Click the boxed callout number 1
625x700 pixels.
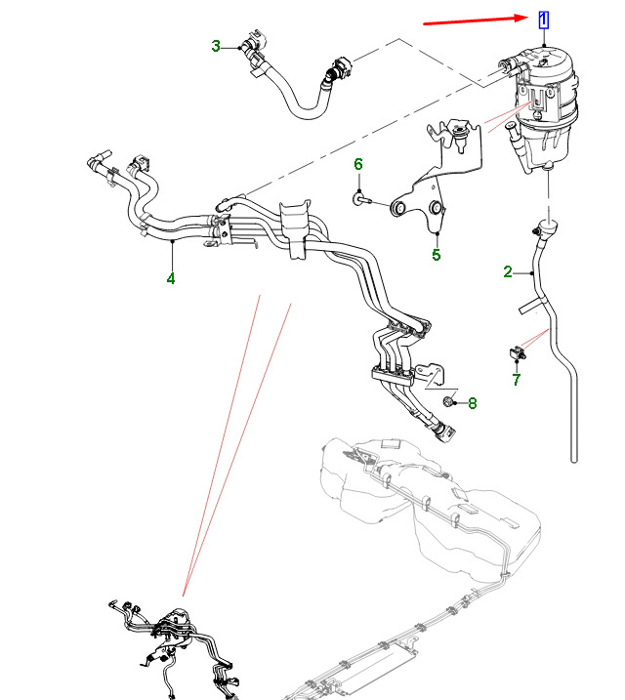[x=543, y=20]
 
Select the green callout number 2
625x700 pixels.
[x=508, y=271]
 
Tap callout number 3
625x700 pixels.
[x=216, y=45]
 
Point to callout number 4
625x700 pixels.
[x=170, y=278]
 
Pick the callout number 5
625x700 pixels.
[x=437, y=256]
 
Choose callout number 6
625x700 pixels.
[x=358, y=164]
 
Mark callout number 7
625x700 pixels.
[x=517, y=379]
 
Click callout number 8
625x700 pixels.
[x=472, y=402]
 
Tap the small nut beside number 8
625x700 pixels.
[x=448, y=401]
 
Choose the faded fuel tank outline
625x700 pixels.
[x=430, y=508]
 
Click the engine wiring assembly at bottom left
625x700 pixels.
[x=181, y=644]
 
